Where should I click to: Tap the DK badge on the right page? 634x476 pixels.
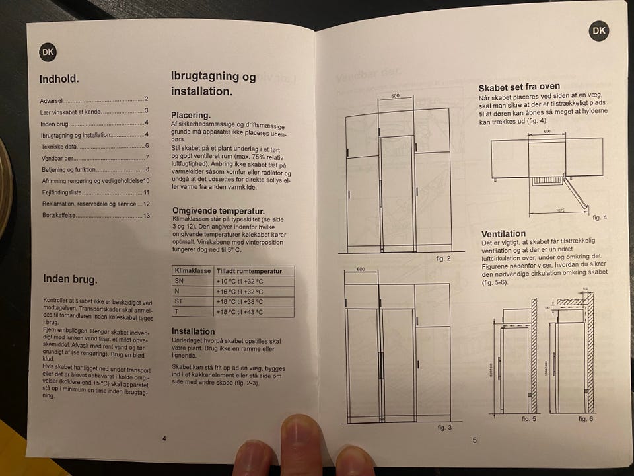tap(598, 30)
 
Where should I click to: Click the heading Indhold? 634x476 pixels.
tap(59, 79)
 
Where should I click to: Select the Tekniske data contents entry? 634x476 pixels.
tap(59, 146)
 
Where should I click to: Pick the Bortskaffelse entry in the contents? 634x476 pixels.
tap(58, 216)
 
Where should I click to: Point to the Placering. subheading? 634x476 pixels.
tap(191, 115)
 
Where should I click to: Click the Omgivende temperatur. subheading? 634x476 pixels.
tap(213, 211)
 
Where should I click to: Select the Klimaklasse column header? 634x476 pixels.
tap(192, 271)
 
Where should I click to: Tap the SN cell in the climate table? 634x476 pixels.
tap(180, 281)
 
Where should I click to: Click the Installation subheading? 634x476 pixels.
tap(193, 331)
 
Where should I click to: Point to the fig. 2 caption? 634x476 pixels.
tap(443, 258)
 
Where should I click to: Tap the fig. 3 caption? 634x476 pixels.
tap(444, 428)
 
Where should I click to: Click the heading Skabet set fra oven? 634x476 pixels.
tap(519, 87)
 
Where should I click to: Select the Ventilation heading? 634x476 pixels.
tap(503, 233)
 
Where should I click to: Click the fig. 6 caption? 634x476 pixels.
tap(586, 419)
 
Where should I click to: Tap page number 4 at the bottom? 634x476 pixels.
tap(164, 439)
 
